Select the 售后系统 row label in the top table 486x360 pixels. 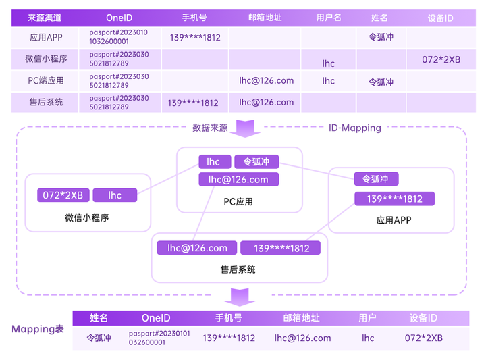46,102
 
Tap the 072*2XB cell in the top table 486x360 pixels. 441,59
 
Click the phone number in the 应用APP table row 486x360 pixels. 195,38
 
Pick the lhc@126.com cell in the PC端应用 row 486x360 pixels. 266,80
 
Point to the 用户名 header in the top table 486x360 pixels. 329,18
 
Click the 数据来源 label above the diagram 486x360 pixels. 210,127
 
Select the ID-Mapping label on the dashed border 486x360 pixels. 354,127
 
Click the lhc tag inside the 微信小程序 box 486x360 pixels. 115,195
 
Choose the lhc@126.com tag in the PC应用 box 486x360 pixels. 238,180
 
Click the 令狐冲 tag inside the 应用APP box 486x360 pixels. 376,179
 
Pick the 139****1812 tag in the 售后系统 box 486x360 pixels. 281,248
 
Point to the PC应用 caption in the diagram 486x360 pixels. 238,201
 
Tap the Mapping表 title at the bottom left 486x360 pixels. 38,329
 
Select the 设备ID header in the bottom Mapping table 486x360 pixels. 423,317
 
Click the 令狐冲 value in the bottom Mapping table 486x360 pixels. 99,338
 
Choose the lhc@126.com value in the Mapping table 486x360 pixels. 302,338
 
